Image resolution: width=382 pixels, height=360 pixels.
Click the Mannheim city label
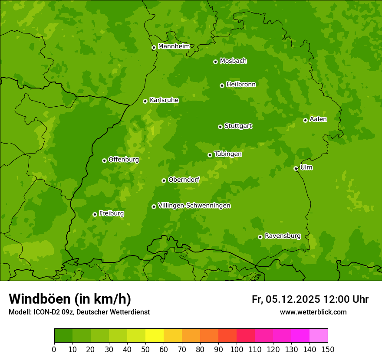tap(174, 46)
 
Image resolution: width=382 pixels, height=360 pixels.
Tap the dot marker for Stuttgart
tap(220, 127)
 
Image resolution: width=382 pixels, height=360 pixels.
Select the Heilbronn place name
tap(241, 85)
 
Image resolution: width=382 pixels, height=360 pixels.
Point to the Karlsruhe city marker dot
tap(145, 101)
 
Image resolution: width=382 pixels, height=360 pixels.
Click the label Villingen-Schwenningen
tap(194, 206)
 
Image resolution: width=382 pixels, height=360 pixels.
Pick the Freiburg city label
tap(111, 213)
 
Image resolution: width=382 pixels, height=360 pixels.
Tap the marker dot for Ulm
tap(296, 168)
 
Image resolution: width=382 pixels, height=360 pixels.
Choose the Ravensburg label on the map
tap(282, 236)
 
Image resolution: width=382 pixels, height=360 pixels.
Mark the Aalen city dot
tap(305, 120)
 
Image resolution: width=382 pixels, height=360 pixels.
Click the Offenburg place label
tap(123, 160)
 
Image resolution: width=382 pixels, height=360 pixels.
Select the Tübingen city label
tap(227, 154)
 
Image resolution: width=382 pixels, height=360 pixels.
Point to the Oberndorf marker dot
tap(164, 180)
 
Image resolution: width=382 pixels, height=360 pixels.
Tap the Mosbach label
tap(233, 61)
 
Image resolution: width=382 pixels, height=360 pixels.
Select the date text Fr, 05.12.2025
tap(286, 299)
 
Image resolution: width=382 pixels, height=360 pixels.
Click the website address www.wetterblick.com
tap(313, 312)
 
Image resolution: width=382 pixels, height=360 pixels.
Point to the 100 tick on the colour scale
tap(237, 349)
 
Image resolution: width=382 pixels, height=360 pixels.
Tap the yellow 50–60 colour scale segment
tap(155, 336)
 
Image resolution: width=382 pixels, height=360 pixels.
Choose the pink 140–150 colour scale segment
tap(319, 336)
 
